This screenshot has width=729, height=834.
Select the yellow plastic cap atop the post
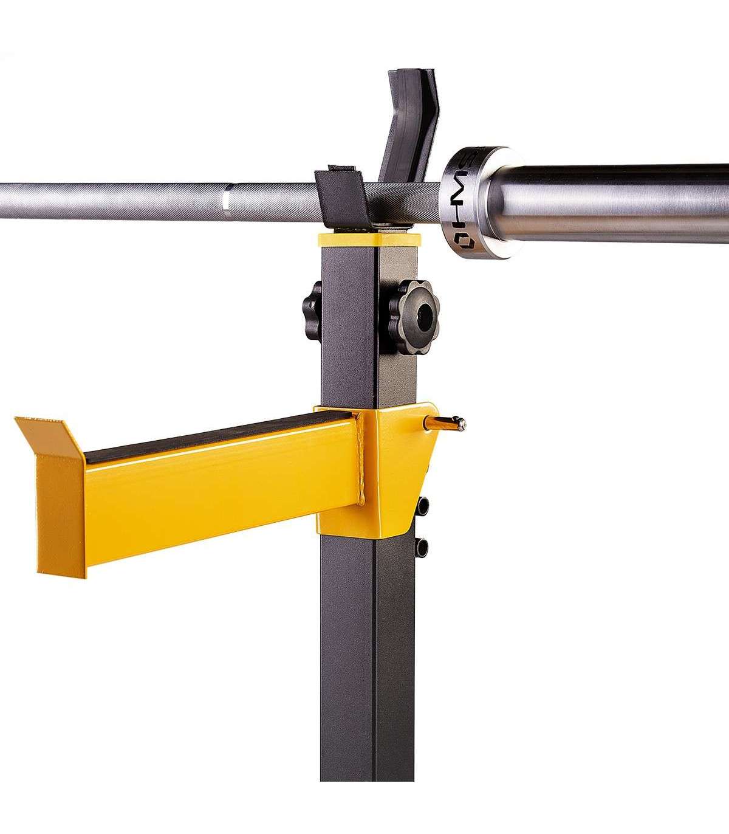tap(369, 240)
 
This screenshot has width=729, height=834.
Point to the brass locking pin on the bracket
tap(445, 424)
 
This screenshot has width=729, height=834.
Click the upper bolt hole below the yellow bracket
tap(423, 506)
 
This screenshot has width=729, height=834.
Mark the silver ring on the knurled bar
tap(225, 202)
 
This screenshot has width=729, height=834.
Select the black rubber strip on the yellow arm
tap(220, 438)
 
